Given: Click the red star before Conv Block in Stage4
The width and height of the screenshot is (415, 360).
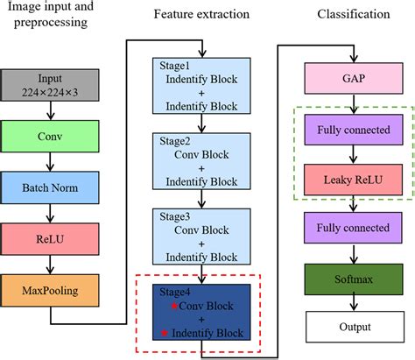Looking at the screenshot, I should tap(174, 306).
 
